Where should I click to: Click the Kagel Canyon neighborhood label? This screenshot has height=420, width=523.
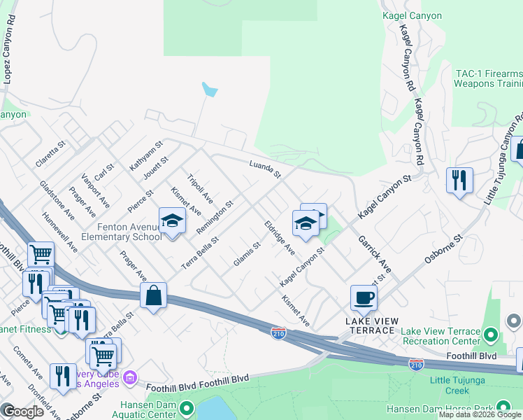(413, 15)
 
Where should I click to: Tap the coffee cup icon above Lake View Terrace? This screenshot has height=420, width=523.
(364, 297)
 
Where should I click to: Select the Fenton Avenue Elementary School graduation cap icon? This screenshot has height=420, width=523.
(172, 222)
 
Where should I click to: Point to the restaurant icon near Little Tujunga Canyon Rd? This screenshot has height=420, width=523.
(459, 181)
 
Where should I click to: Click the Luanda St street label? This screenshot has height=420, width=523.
(265, 169)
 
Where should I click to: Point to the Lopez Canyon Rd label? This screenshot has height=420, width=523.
(8, 57)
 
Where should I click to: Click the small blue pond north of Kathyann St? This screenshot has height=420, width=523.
(209, 90)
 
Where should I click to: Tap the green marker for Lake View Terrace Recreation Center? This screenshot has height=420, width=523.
(493, 337)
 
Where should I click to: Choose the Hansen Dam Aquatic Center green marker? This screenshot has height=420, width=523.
(186, 407)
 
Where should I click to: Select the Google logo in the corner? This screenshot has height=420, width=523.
(23, 412)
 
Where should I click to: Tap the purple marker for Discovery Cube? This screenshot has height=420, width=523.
(129, 379)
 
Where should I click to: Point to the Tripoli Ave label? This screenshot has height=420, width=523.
(200, 189)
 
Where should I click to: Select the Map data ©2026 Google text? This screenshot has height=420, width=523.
(480, 414)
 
